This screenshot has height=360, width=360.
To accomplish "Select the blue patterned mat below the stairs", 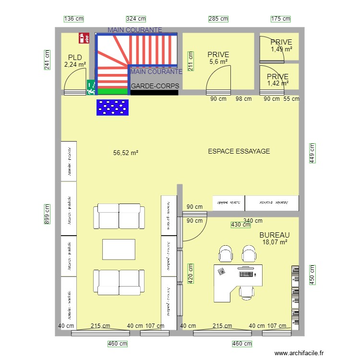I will point(114,108).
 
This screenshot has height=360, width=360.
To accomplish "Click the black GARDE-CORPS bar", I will point(155,92).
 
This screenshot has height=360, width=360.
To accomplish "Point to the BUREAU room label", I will point(275,235).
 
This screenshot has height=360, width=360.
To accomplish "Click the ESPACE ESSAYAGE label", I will point(239,151).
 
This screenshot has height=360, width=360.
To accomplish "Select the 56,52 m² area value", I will point(126,153).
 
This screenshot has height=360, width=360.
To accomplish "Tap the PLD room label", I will point(75,58).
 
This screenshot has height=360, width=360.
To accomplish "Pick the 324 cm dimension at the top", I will point(136,19).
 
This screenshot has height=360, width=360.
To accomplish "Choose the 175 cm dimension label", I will point(281,19).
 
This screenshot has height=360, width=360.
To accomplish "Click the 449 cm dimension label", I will point(312,153).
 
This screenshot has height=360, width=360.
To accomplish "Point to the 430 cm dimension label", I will point(237,225).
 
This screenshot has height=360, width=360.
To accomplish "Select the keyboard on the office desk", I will point(222,271).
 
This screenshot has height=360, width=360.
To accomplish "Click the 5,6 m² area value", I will point(218,61).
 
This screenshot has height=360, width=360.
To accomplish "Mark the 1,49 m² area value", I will point(281,49).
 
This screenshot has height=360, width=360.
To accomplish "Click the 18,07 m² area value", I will point(275,242).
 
